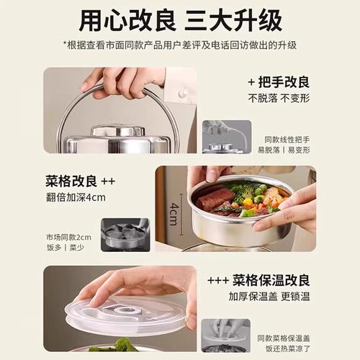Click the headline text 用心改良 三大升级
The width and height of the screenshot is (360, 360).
coord(180,19)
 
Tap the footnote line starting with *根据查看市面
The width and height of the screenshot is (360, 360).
coord(180,45)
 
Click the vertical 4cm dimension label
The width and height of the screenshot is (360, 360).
coord(174,214)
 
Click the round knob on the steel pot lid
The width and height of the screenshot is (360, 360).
coord(117,132)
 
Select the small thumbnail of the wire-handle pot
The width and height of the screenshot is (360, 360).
coord(226,137)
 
